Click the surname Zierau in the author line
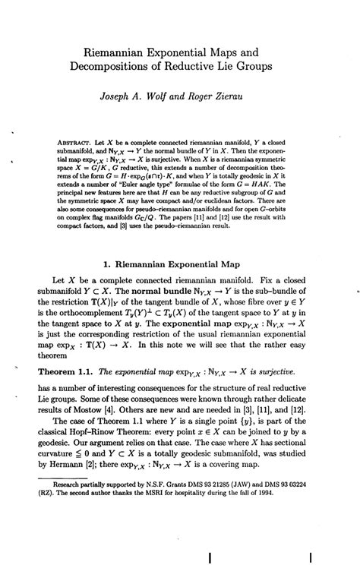pyautogui.click(x=246, y=98)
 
